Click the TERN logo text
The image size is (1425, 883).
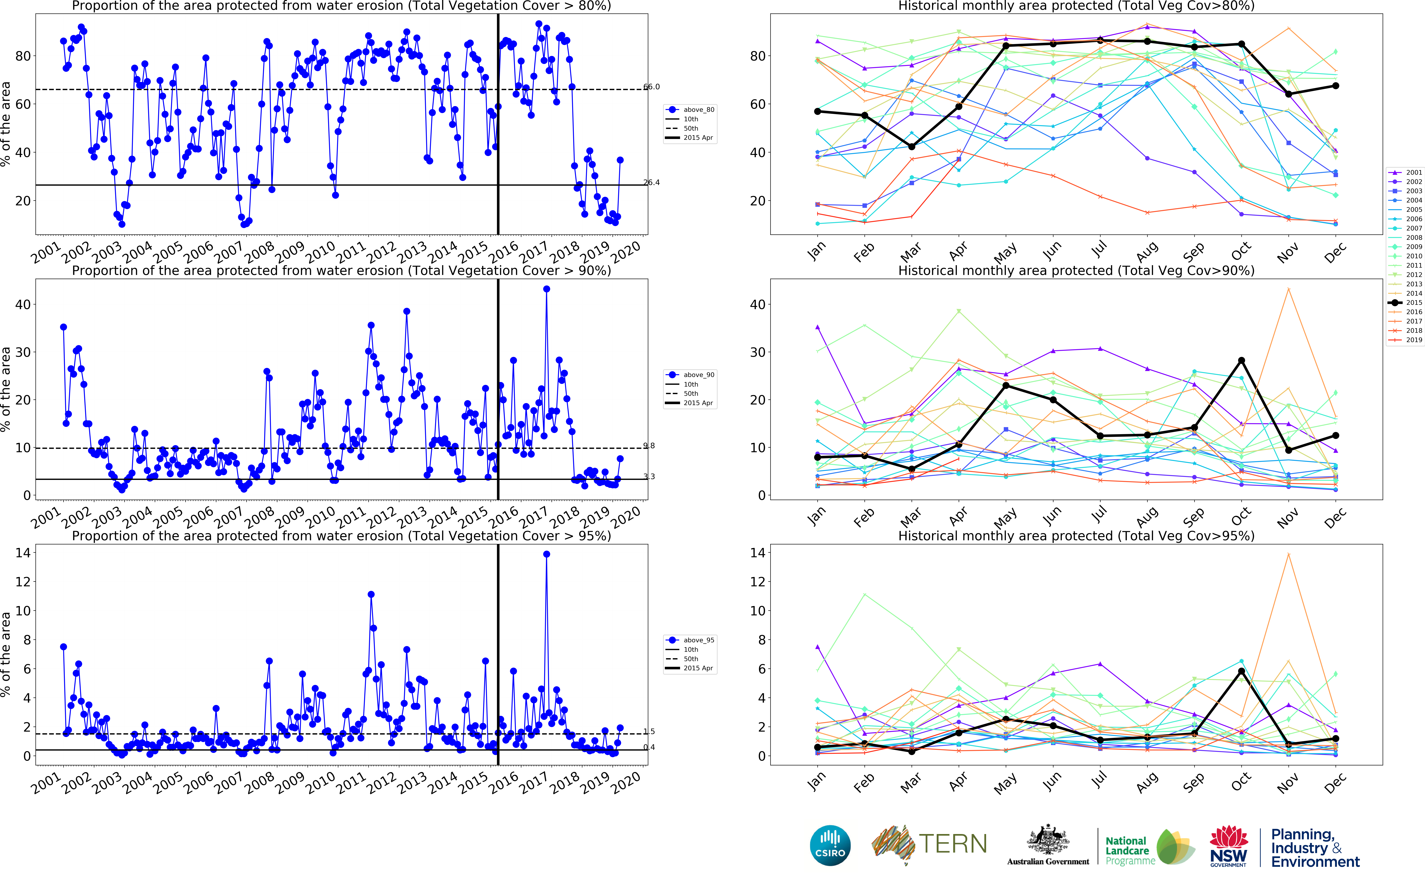(x=953, y=844)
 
